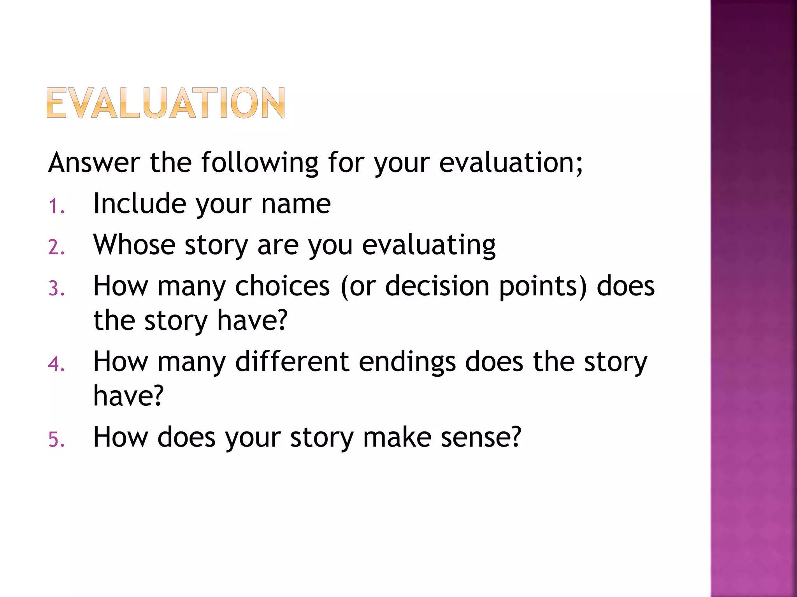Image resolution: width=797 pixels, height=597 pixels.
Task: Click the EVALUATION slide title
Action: click(166, 103)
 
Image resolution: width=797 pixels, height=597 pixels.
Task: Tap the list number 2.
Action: click(56, 247)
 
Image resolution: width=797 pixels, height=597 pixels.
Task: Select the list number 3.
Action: click(56, 288)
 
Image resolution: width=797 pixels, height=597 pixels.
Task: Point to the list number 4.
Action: click(56, 364)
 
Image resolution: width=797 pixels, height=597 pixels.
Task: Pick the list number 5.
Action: click(56, 440)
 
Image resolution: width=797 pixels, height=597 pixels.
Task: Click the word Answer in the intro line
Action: click(94, 162)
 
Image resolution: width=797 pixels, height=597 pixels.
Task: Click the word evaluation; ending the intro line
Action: click(511, 162)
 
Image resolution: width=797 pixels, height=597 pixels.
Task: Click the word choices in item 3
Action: click(283, 286)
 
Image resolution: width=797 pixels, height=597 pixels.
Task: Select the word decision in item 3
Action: click(437, 286)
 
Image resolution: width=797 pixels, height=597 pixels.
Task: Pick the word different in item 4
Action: click(292, 361)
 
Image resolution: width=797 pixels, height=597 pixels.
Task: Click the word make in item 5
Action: click(397, 437)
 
